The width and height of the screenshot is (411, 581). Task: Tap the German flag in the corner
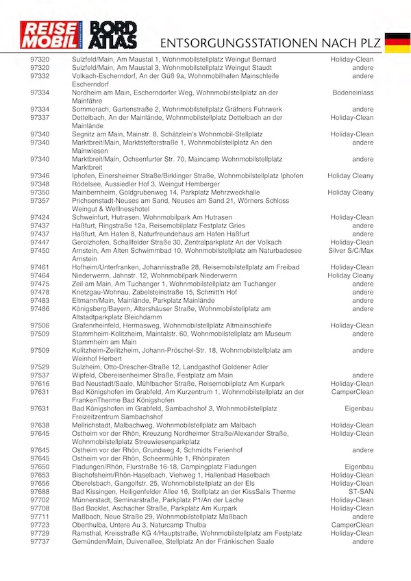(x=397, y=42)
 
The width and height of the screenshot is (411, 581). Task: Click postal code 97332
(x=40, y=77)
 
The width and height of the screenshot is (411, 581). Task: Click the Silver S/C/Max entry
(x=351, y=251)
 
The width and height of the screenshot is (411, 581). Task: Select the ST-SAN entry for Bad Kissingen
(x=361, y=492)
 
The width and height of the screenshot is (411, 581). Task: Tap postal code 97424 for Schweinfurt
(x=40, y=217)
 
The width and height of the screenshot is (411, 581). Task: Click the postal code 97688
(x=40, y=492)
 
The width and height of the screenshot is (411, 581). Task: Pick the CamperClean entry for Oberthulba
(x=353, y=525)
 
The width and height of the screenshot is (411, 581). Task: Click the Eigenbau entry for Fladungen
(x=359, y=467)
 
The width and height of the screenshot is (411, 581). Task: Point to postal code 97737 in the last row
(x=40, y=542)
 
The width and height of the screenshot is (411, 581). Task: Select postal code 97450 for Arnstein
(x=40, y=251)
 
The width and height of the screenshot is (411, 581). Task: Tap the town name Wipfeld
(x=84, y=375)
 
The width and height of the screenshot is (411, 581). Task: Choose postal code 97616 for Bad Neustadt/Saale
(x=40, y=384)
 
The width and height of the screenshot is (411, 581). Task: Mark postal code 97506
(x=40, y=325)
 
